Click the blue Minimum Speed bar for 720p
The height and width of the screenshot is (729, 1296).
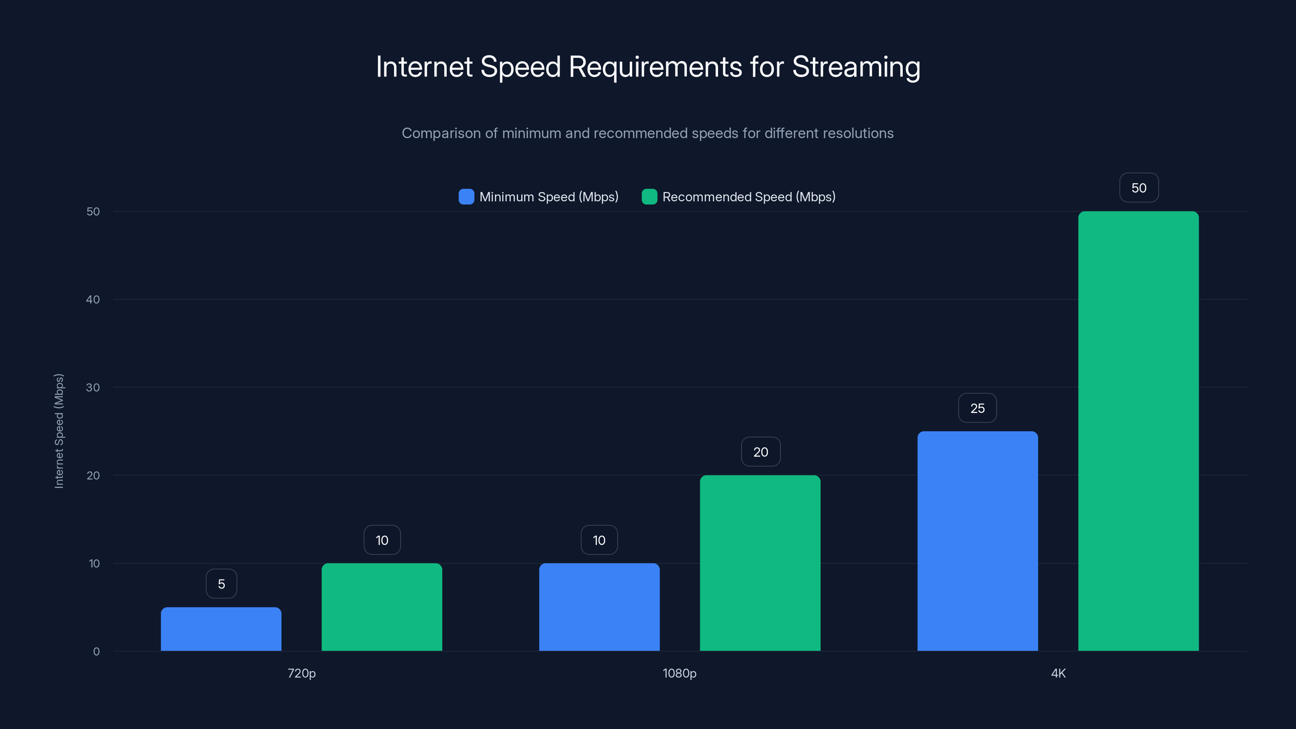[x=221, y=629]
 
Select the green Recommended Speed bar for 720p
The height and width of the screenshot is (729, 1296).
[x=382, y=607]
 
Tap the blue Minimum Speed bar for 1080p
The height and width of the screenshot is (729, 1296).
[x=599, y=607]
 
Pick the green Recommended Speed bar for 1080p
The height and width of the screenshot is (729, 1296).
[x=760, y=563]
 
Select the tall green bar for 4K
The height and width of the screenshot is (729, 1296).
[x=1138, y=431]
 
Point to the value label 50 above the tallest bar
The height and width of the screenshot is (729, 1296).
[x=1139, y=188]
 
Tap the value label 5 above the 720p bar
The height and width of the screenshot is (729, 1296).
[x=222, y=584]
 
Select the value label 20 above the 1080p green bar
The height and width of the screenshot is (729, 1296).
[x=761, y=452]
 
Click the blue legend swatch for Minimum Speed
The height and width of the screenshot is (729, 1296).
[x=467, y=197]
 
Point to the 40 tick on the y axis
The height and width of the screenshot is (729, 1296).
[x=93, y=299]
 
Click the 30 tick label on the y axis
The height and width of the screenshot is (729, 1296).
[x=93, y=388]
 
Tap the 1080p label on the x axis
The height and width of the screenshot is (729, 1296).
[x=680, y=673]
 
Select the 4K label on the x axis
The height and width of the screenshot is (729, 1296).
[x=1058, y=673]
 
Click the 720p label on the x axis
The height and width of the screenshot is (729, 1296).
[x=301, y=673]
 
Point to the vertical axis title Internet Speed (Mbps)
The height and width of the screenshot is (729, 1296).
[x=59, y=431]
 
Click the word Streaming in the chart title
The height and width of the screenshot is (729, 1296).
[x=856, y=67]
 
